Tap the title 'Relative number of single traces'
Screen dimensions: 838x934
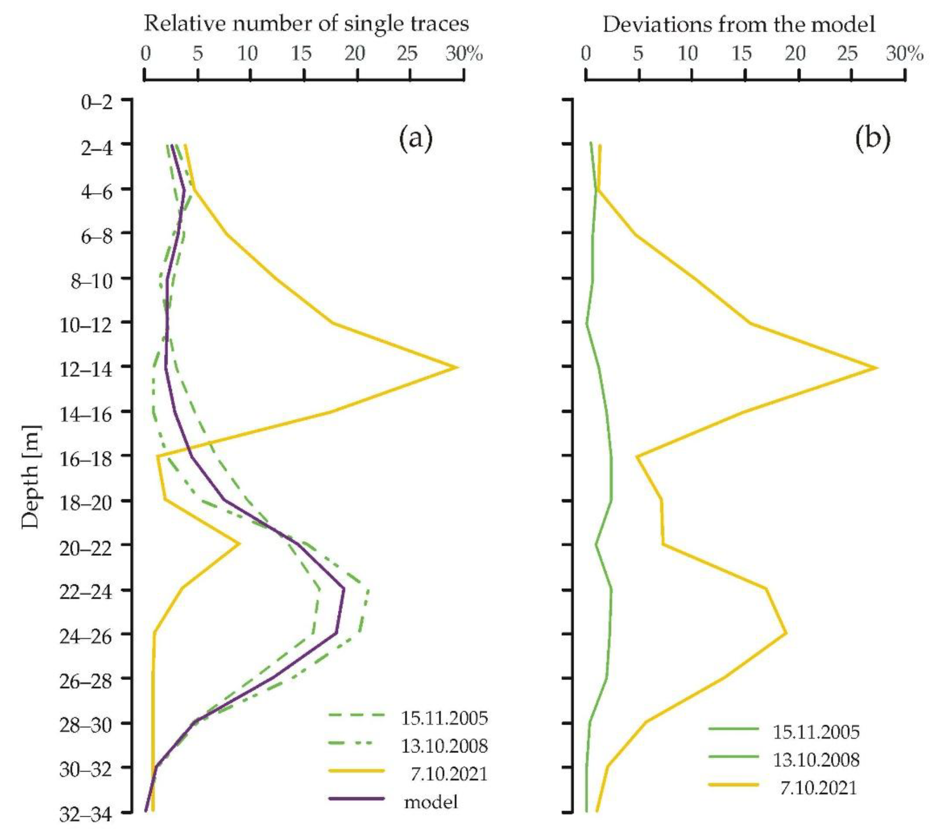tap(306, 23)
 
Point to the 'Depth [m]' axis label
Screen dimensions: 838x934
tap(31, 477)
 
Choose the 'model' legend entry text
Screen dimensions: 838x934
tap(431, 802)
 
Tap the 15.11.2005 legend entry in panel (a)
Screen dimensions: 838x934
tap(444, 718)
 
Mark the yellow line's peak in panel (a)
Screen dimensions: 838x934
tap(457, 367)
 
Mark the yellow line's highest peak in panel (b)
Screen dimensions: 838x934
tap(877, 367)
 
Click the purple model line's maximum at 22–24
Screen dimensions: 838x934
tap(344, 588)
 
